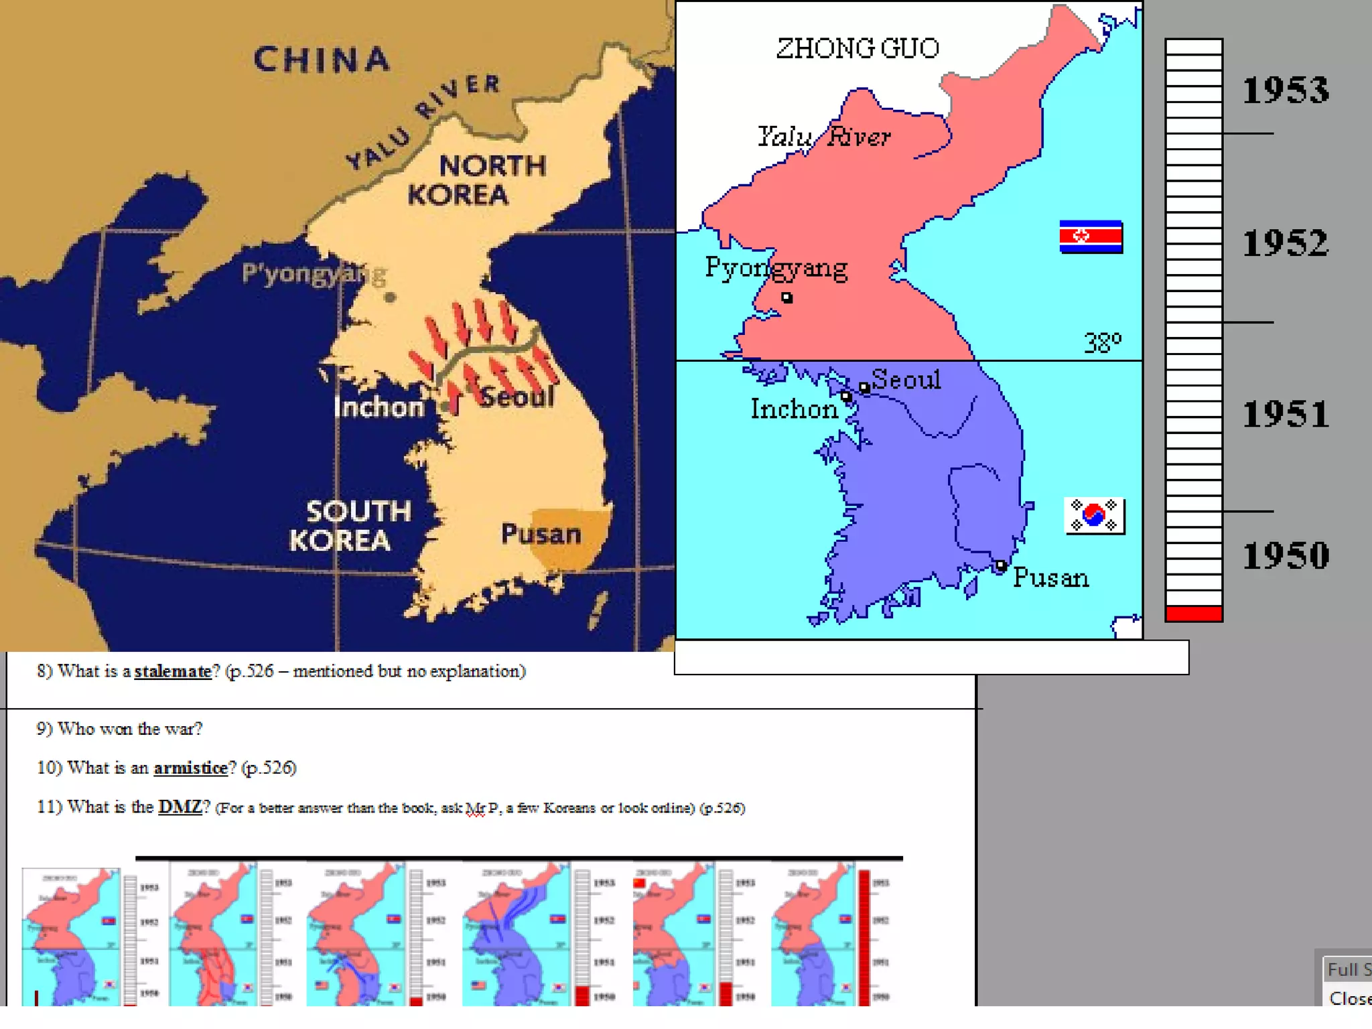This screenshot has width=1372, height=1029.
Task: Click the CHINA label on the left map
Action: (322, 60)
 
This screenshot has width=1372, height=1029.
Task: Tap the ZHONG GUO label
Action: (857, 48)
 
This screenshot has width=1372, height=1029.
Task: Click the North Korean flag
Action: (1091, 236)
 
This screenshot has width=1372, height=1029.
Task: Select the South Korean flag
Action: (1094, 515)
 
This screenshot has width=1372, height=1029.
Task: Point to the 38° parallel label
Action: (1102, 343)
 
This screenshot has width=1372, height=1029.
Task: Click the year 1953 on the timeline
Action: (1285, 90)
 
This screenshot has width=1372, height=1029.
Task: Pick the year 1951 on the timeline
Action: (1285, 413)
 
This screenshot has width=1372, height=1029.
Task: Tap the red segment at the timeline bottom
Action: (1194, 613)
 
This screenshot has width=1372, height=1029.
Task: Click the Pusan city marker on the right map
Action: (1000, 566)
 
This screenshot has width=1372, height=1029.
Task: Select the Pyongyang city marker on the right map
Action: (787, 297)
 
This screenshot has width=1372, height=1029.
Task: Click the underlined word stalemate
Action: (173, 671)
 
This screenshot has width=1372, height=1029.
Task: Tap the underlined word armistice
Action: (191, 768)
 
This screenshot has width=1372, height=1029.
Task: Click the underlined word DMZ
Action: (180, 807)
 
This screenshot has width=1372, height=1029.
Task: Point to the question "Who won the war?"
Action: (119, 729)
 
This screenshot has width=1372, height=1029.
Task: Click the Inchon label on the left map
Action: (379, 407)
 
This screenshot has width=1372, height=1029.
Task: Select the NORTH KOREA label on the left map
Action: (477, 180)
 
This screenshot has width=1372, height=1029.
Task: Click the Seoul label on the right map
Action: (906, 379)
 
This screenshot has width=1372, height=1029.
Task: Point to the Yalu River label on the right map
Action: (824, 137)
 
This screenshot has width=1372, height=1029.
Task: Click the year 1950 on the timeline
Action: (1285, 555)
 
